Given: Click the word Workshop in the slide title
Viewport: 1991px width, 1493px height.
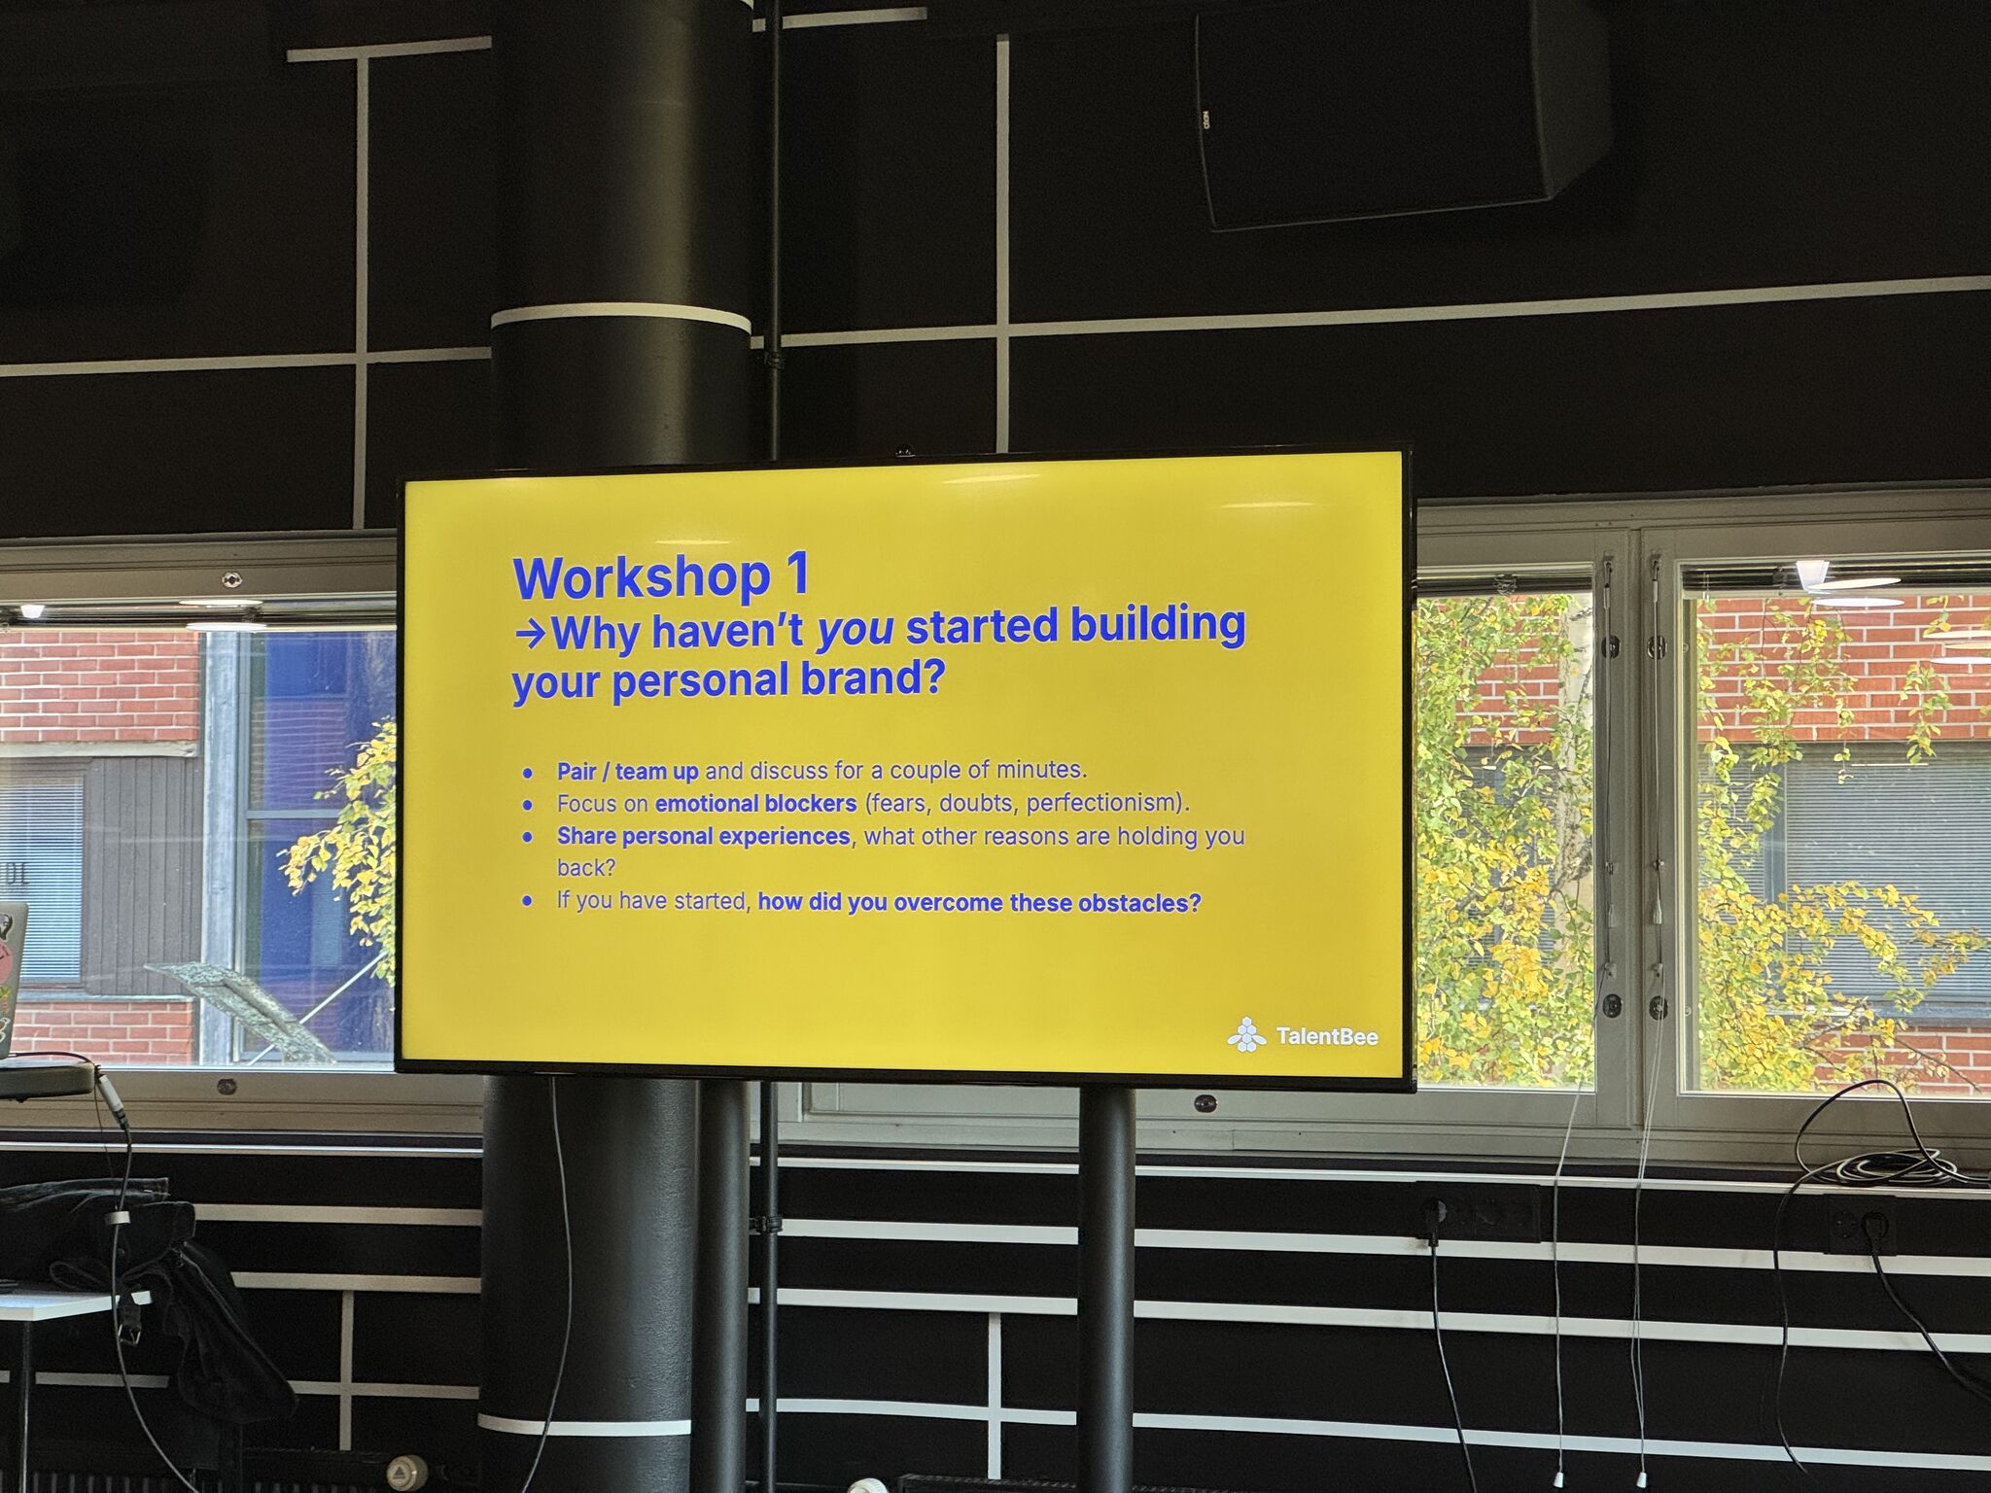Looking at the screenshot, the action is point(642,578).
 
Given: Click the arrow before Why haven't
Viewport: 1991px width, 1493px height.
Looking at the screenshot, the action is point(532,635).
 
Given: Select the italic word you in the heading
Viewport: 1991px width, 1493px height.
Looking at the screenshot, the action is point(856,631).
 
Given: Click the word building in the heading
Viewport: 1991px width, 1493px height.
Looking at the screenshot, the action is point(1158,625).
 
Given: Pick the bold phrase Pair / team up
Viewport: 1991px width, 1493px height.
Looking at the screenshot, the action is point(627,772).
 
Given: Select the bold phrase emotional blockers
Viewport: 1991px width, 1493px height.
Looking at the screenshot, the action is point(755,804).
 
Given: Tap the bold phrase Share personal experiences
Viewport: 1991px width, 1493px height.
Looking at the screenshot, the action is point(703,836).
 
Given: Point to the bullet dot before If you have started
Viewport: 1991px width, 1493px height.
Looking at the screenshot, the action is point(528,902).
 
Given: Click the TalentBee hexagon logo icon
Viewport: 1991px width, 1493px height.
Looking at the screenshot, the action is point(1245,1035).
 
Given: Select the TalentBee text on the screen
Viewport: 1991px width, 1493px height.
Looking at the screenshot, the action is point(1327,1037).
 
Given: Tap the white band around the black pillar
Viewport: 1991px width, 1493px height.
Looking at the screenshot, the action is point(621,319).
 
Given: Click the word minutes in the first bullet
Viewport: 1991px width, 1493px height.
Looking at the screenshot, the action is point(1044,770).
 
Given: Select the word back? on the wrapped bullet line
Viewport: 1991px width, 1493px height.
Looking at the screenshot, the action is point(586,868).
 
